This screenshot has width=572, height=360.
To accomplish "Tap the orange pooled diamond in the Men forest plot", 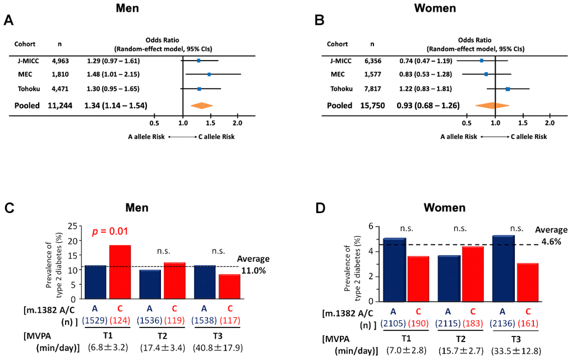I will [202, 105].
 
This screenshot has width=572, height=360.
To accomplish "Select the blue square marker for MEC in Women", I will [486, 74].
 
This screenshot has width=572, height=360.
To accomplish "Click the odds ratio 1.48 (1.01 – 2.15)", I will [113, 74].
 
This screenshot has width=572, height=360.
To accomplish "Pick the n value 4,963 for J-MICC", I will [60, 61].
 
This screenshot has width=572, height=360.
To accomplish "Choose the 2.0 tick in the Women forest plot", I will [550, 122].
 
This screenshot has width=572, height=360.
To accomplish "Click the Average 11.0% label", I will [253, 264].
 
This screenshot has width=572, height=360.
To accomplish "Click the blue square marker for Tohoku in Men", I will [199, 89].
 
